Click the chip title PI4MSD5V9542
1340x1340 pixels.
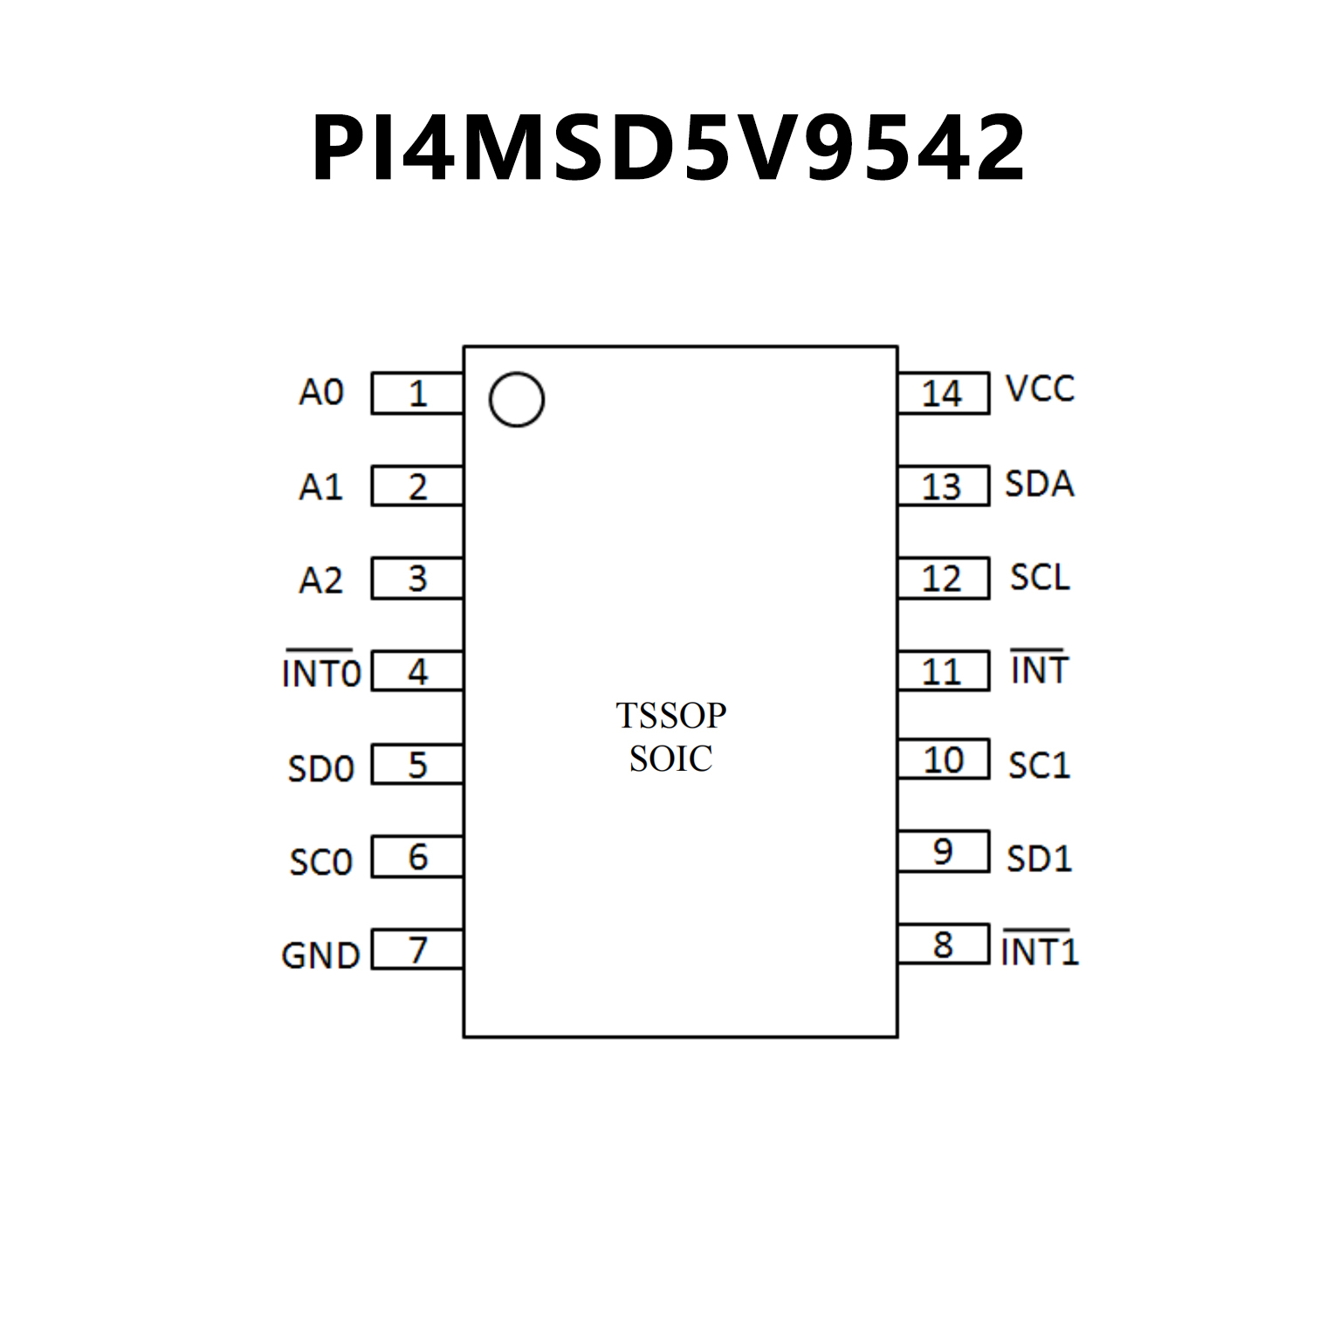click(x=669, y=148)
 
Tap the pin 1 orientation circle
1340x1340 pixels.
click(x=517, y=400)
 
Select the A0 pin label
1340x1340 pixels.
click(x=321, y=393)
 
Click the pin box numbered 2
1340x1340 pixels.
click(x=417, y=486)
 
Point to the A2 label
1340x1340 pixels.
click(x=321, y=580)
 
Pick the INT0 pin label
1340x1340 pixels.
click(x=321, y=673)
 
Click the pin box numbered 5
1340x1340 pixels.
click(x=417, y=765)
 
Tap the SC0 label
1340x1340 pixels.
click(x=321, y=862)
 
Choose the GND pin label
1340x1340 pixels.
click(x=320, y=956)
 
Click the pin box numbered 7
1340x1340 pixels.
click(x=417, y=949)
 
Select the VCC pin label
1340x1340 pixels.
click(x=1040, y=389)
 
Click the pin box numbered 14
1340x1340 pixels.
click(x=943, y=394)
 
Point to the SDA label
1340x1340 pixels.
click(x=1039, y=484)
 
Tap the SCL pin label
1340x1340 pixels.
click(x=1040, y=577)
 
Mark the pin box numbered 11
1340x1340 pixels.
click(x=943, y=671)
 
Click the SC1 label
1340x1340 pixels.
click(x=1039, y=766)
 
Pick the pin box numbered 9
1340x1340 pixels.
click(x=943, y=851)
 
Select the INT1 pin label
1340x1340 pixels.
click(x=1040, y=951)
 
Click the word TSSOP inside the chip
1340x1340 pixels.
click(x=670, y=716)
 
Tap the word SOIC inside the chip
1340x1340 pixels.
click(x=670, y=759)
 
